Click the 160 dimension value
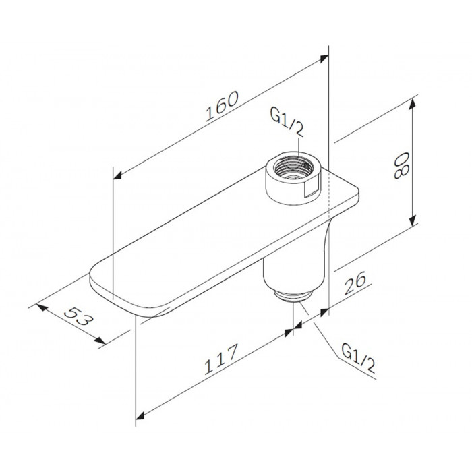(x=222, y=106)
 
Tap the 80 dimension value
(x=402, y=166)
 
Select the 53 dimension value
(x=77, y=316)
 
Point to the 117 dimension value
(x=221, y=359)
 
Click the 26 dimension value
(x=355, y=283)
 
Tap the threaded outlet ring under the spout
(x=293, y=295)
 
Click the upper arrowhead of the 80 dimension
(x=413, y=104)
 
